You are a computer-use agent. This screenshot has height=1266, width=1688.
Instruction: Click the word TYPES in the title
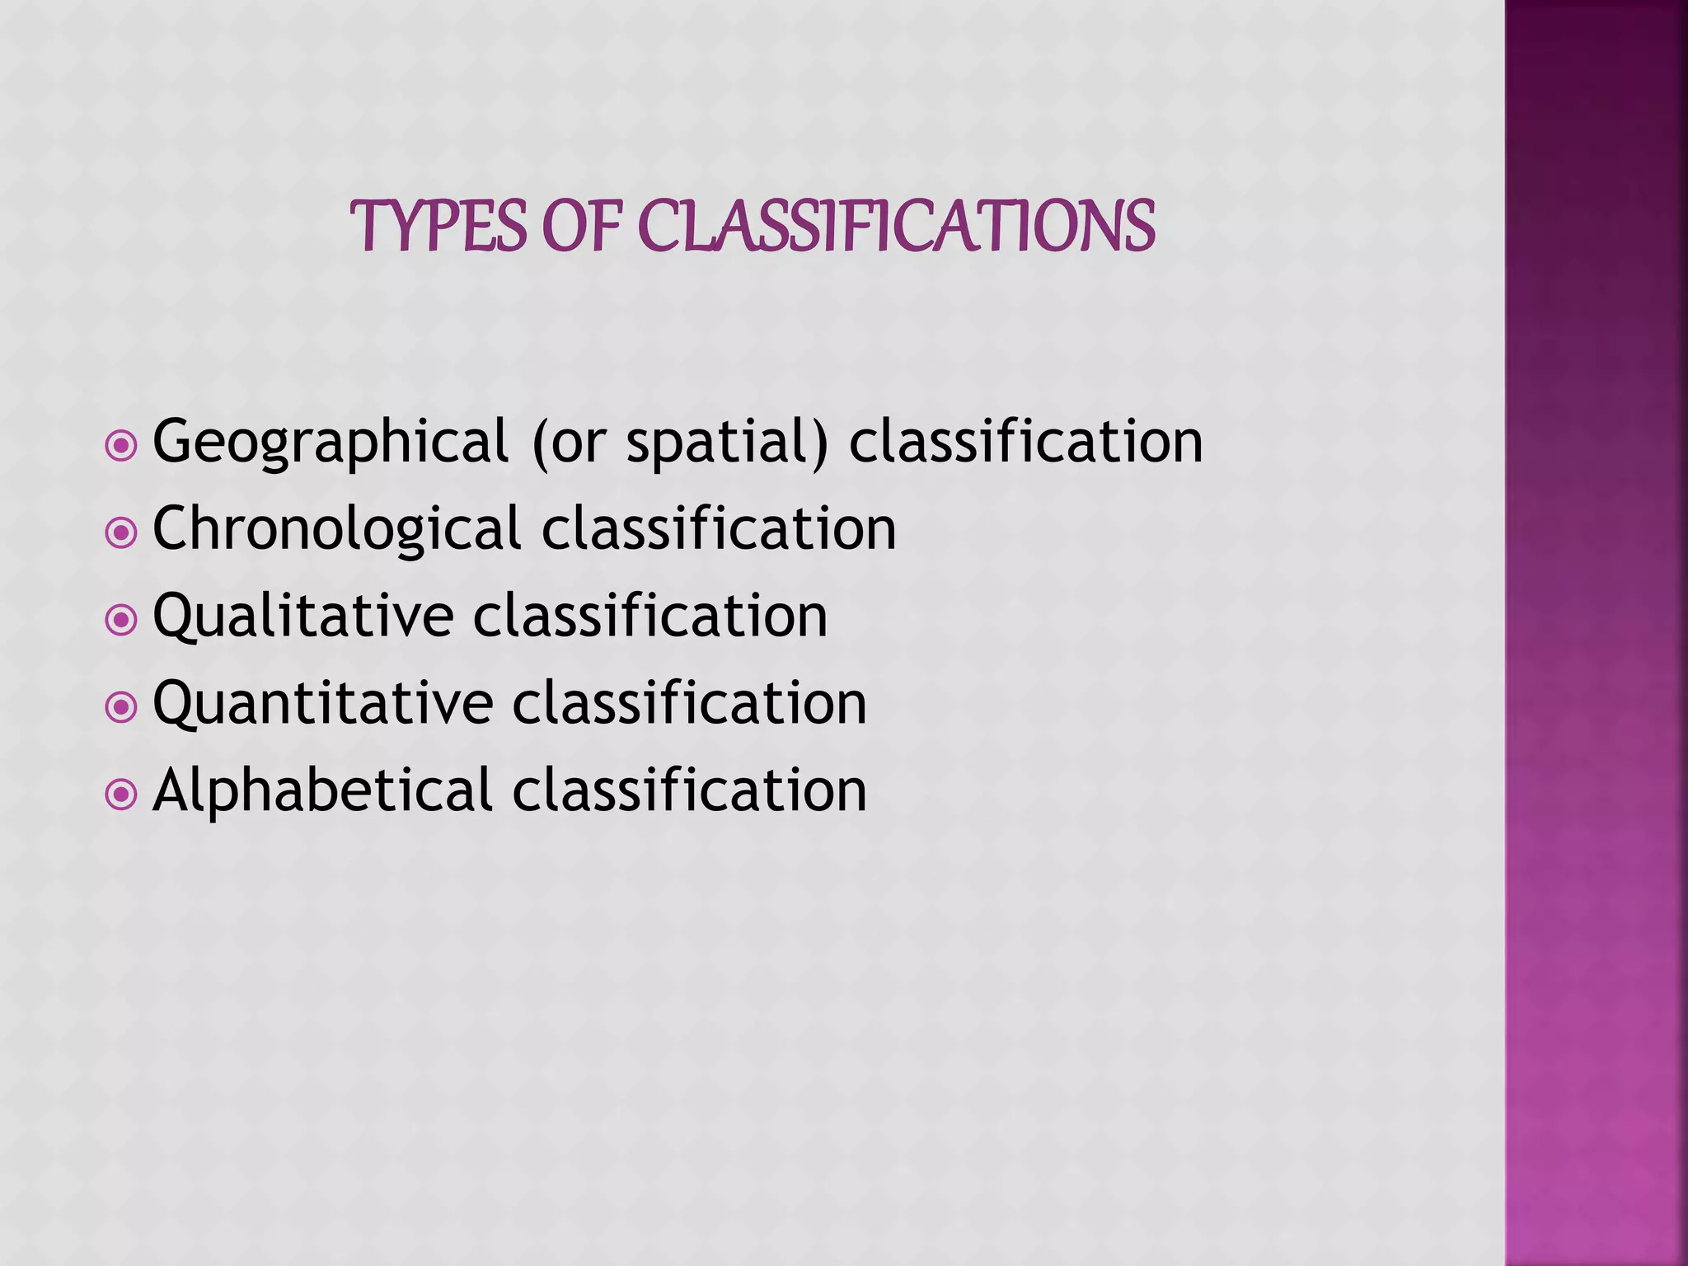[438, 226]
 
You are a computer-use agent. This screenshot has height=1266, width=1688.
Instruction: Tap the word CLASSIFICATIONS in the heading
[897, 226]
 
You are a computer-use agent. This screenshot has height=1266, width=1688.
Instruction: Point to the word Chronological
[336, 529]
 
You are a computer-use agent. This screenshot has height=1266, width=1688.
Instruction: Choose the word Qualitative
[303, 617]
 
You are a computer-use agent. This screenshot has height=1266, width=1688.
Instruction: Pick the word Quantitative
[323, 704]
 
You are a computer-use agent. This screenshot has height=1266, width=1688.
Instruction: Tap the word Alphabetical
[322, 791]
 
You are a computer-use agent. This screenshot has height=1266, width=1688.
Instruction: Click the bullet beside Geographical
[121, 446]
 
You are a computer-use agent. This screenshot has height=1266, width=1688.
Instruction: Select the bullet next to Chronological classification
[121, 533]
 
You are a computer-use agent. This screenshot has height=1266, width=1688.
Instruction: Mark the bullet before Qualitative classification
[121, 621]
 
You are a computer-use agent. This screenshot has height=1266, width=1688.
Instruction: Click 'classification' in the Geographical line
[1026, 442]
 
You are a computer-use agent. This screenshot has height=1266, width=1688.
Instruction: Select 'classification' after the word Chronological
[719, 529]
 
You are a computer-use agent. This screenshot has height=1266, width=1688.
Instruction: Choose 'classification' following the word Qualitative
[650, 617]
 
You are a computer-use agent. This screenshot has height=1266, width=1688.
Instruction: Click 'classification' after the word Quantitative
[690, 704]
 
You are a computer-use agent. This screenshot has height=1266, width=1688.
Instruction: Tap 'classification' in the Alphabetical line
[690, 791]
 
